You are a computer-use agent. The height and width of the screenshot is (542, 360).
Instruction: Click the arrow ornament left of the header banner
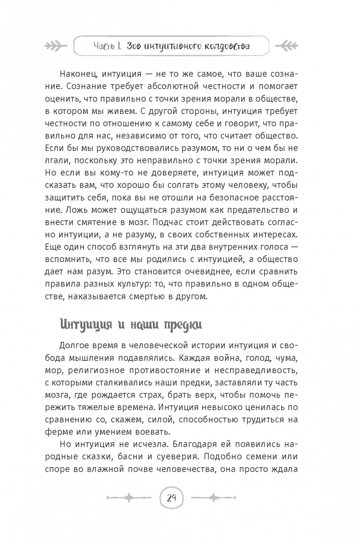point(56,47)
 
